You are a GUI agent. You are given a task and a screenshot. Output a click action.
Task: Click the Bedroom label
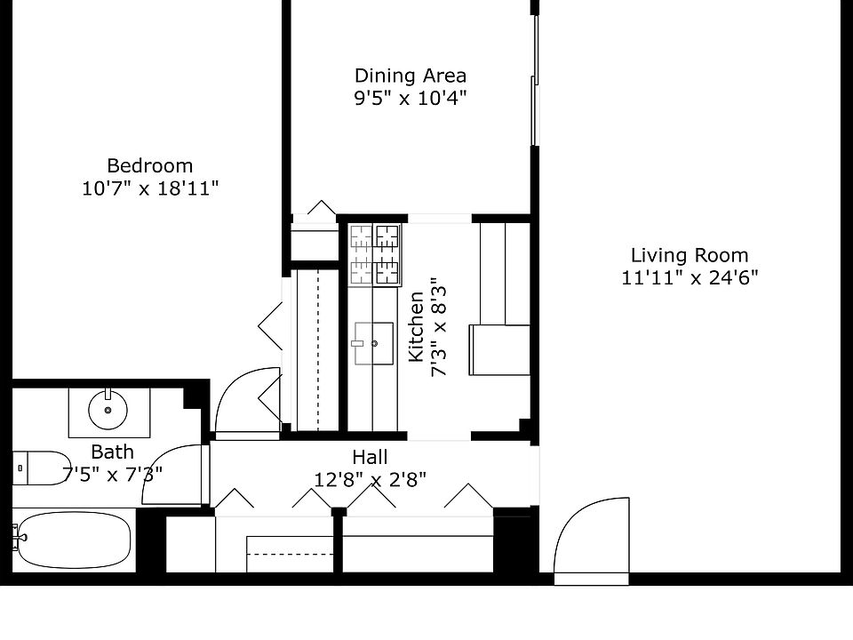point(149,165)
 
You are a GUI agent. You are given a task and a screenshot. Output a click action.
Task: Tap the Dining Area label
point(410,76)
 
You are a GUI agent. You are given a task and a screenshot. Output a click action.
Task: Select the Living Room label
point(690,255)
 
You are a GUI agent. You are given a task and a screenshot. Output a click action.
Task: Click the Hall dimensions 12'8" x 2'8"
point(370,480)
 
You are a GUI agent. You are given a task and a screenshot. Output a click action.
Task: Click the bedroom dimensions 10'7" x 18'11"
point(149,188)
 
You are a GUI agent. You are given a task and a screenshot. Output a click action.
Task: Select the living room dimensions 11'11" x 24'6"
point(690,278)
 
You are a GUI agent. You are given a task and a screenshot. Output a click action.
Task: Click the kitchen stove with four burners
point(375,254)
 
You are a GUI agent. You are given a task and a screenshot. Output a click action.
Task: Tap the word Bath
point(112,452)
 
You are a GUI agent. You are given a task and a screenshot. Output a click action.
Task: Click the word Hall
point(370,457)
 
